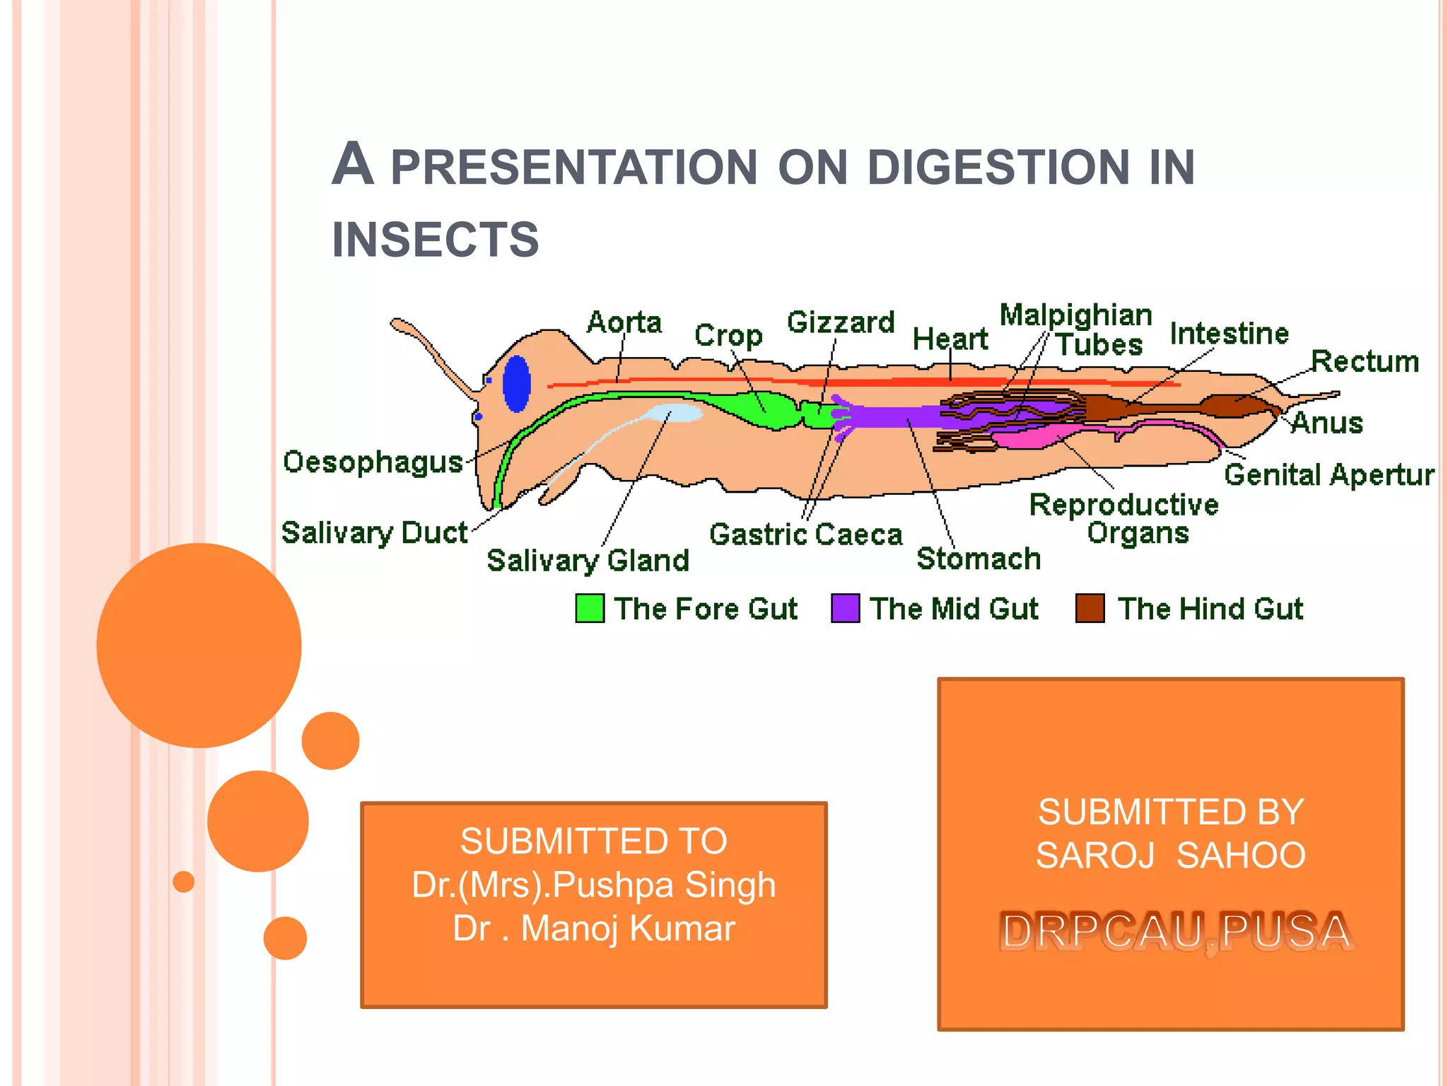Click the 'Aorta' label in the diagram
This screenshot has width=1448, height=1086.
coord(624,322)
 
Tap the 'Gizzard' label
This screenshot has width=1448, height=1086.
coord(841,322)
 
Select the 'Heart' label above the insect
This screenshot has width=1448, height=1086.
coord(950,339)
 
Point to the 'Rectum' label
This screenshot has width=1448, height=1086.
coord(1365,361)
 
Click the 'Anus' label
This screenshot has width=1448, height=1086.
coord(1326,423)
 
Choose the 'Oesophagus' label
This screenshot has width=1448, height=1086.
coord(373,462)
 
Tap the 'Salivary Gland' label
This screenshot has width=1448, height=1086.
coord(588,561)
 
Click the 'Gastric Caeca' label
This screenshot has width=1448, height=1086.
coord(805,535)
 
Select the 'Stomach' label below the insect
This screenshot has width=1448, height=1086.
coord(979,559)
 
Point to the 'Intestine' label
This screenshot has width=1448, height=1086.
coord(1229,334)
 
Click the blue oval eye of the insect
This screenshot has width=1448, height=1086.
coord(516,383)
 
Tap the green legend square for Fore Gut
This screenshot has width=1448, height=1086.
coord(590,608)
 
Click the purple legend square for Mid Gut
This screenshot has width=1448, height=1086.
coord(845,608)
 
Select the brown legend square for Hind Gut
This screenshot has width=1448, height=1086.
coord(1090,608)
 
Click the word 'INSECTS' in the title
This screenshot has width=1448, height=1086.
coord(436,239)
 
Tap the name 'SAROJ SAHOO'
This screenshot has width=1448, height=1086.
coord(1170,856)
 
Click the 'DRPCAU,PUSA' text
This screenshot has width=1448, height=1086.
coord(1176,930)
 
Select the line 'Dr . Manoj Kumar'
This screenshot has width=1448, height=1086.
coord(594,928)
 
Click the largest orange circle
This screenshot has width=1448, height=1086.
coord(199,645)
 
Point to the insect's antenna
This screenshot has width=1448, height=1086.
coord(431,354)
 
